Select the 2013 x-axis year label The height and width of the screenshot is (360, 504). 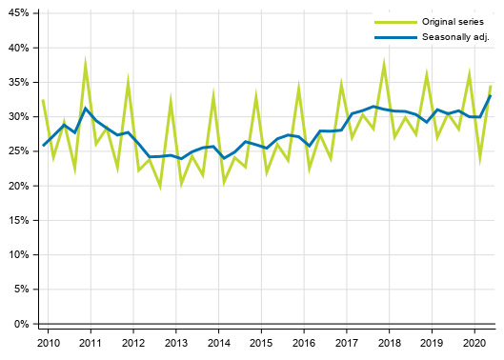click(175, 341)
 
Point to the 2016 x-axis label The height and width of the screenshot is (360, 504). click(304, 341)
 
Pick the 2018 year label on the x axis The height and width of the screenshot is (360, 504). click(389, 341)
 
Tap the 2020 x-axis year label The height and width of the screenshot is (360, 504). click(474, 341)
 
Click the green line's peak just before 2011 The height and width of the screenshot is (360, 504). click(86, 64)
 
